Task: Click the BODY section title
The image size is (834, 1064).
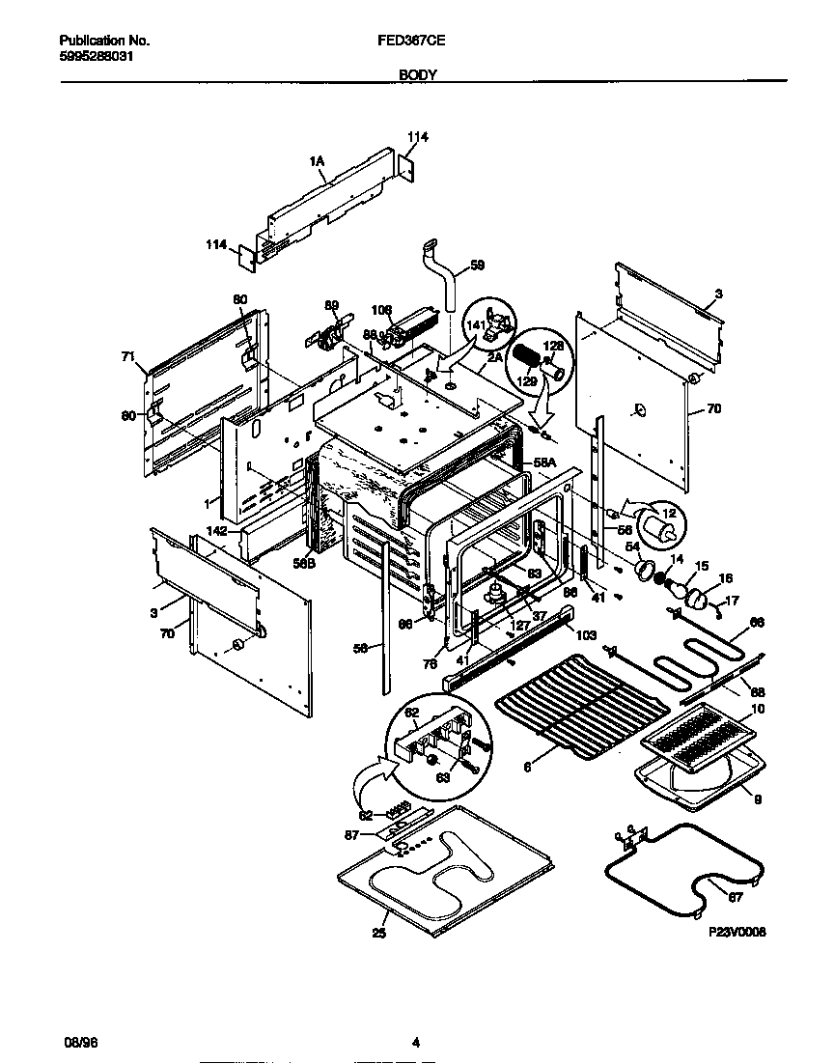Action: [417, 73]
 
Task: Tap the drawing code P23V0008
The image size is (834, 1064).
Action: [736, 933]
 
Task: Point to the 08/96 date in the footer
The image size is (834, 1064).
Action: [72, 1042]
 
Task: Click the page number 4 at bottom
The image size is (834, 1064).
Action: [416, 1042]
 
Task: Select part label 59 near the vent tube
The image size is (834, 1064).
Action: [476, 264]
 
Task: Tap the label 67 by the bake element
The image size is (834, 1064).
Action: [736, 897]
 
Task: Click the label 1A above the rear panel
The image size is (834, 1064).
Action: [316, 162]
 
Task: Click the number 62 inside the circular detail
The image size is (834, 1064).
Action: [411, 714]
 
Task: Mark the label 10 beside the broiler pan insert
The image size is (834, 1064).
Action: [758, 710]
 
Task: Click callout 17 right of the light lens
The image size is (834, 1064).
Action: [732, 600]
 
